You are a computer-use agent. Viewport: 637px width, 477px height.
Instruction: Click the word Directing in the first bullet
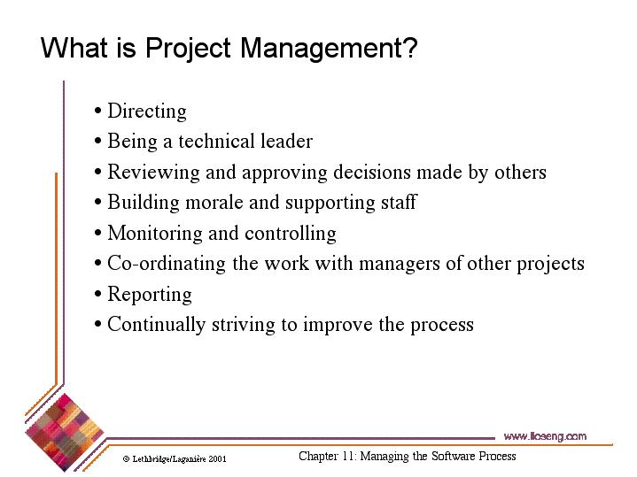click(x=146, y=112)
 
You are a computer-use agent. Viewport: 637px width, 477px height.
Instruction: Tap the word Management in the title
click(x=328, y=48)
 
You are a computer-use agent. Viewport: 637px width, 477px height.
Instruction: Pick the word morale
click(x=214, y=203)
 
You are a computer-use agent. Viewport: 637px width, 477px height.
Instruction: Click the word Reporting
click(x=149, y=295)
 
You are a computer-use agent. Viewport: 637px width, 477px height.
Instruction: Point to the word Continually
click(x=156, y=325)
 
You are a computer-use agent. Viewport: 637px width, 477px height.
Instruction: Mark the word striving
click(x=244, y=325)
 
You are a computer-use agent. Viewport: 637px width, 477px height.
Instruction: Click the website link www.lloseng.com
click(x=544, y=436)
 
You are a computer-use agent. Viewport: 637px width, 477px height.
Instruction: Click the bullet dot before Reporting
click(x=97, y=296)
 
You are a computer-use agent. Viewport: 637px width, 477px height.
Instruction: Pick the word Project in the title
click(x=190, y=48)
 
